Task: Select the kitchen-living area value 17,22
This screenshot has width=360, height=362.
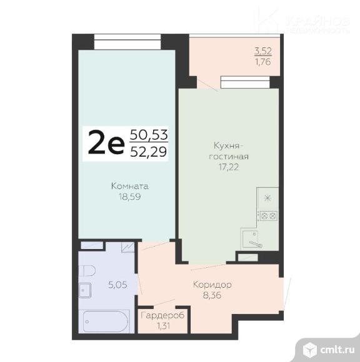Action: (229, 167)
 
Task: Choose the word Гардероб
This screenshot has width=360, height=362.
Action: (163, 316)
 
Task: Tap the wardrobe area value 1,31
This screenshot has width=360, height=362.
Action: (163, 325)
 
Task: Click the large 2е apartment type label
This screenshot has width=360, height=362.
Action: (107, 144)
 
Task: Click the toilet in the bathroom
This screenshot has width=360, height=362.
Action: (86, 270)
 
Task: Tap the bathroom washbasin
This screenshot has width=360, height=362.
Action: (86, 291)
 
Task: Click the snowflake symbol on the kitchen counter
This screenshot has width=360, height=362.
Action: (268, 198)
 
